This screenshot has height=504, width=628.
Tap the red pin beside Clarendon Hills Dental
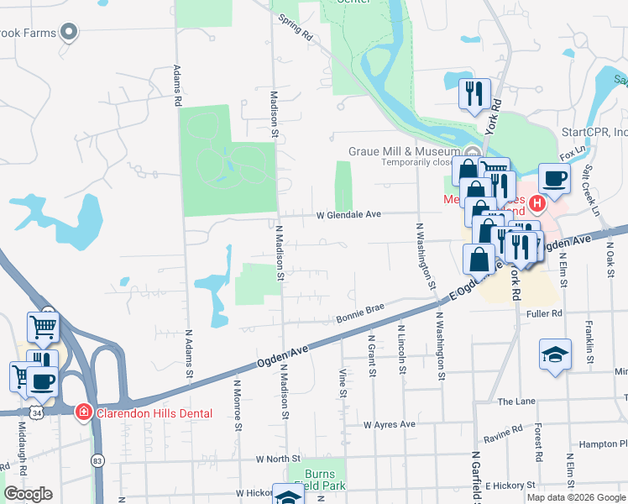pos(84,412)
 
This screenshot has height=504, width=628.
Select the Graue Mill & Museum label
pos(404,151)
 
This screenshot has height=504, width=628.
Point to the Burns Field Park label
pos(319,480)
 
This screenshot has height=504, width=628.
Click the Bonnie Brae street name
pos(360,313)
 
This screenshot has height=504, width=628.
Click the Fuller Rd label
pos(544,313)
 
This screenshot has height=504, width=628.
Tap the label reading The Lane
pos(515,402)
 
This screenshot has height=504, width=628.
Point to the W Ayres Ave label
pos(389,425)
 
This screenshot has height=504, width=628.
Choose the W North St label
pos(278,459)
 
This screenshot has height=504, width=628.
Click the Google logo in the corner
pos(28,494)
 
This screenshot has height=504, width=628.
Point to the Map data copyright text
pos(576,497)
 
